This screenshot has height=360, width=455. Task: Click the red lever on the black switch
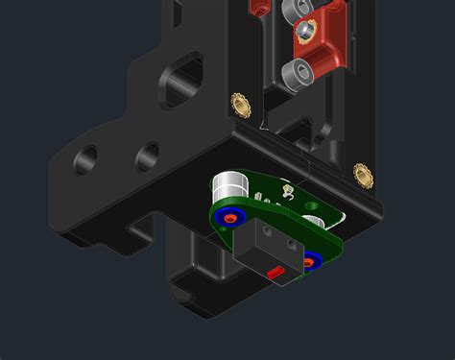[275, 274]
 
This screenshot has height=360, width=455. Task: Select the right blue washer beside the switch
[311, 260]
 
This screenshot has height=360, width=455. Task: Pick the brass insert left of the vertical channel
[238, 102]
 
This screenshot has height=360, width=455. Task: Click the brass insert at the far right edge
[363, 174]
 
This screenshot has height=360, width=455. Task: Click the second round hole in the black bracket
[147, 155]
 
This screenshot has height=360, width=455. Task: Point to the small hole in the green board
[311, 204]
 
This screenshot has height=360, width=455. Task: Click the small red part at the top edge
[257, 7]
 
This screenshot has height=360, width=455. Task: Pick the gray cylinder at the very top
[293, 9]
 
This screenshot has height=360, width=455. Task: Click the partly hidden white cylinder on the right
[314, 221]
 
